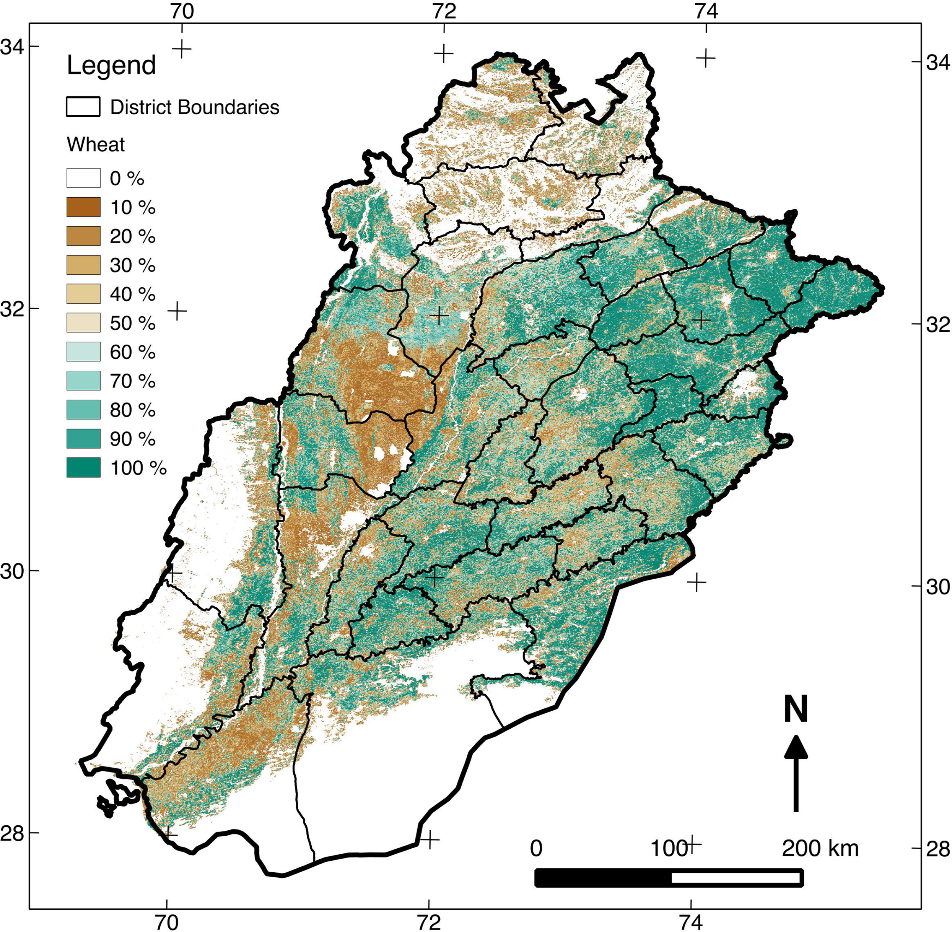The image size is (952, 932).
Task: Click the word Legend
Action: click(x=111, y=65)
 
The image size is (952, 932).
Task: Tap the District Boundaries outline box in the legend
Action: click(x=83, y=107)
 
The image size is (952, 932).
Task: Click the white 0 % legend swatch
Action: click(x=83, y=178)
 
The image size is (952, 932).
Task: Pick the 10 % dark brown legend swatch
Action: click(x=83, y=207)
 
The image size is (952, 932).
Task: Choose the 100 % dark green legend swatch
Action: click(x=83, y=467)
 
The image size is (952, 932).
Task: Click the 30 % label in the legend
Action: click(x=132, y=265)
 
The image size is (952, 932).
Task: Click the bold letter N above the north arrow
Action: click(x=795, y=710)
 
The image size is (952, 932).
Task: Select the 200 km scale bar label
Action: click(x=820, y=848)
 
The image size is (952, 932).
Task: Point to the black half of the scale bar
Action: click(x=604, y=877)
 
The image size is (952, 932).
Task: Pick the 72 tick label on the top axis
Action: click(x=444, y=11)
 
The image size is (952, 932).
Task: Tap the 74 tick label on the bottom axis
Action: click(x=691, y=922)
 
